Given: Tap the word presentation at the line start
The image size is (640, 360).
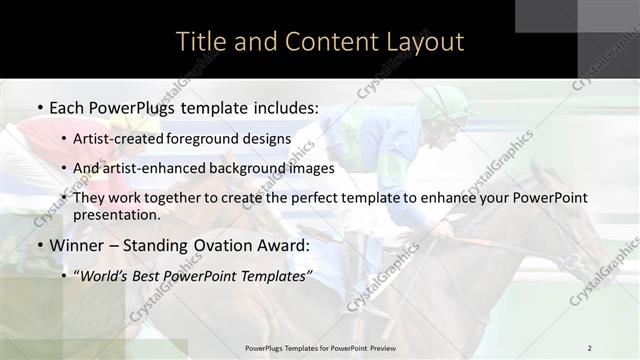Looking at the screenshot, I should tap(116, 214).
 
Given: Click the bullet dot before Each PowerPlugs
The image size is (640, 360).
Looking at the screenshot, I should tap(39, 106).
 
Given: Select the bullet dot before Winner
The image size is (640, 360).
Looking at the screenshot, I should tap(39, 245).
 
